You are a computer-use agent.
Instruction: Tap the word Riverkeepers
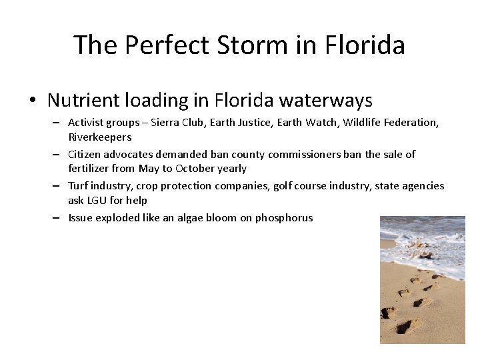(x=99, y=137)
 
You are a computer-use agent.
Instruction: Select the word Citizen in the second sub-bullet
(x=85, y=154)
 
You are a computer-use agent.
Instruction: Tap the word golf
(x=286, y=185)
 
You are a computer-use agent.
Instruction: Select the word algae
(x=200, y=217)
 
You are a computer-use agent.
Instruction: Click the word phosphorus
(x=284, y=217)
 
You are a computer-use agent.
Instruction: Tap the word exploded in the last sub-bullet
(x=118, y=217)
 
